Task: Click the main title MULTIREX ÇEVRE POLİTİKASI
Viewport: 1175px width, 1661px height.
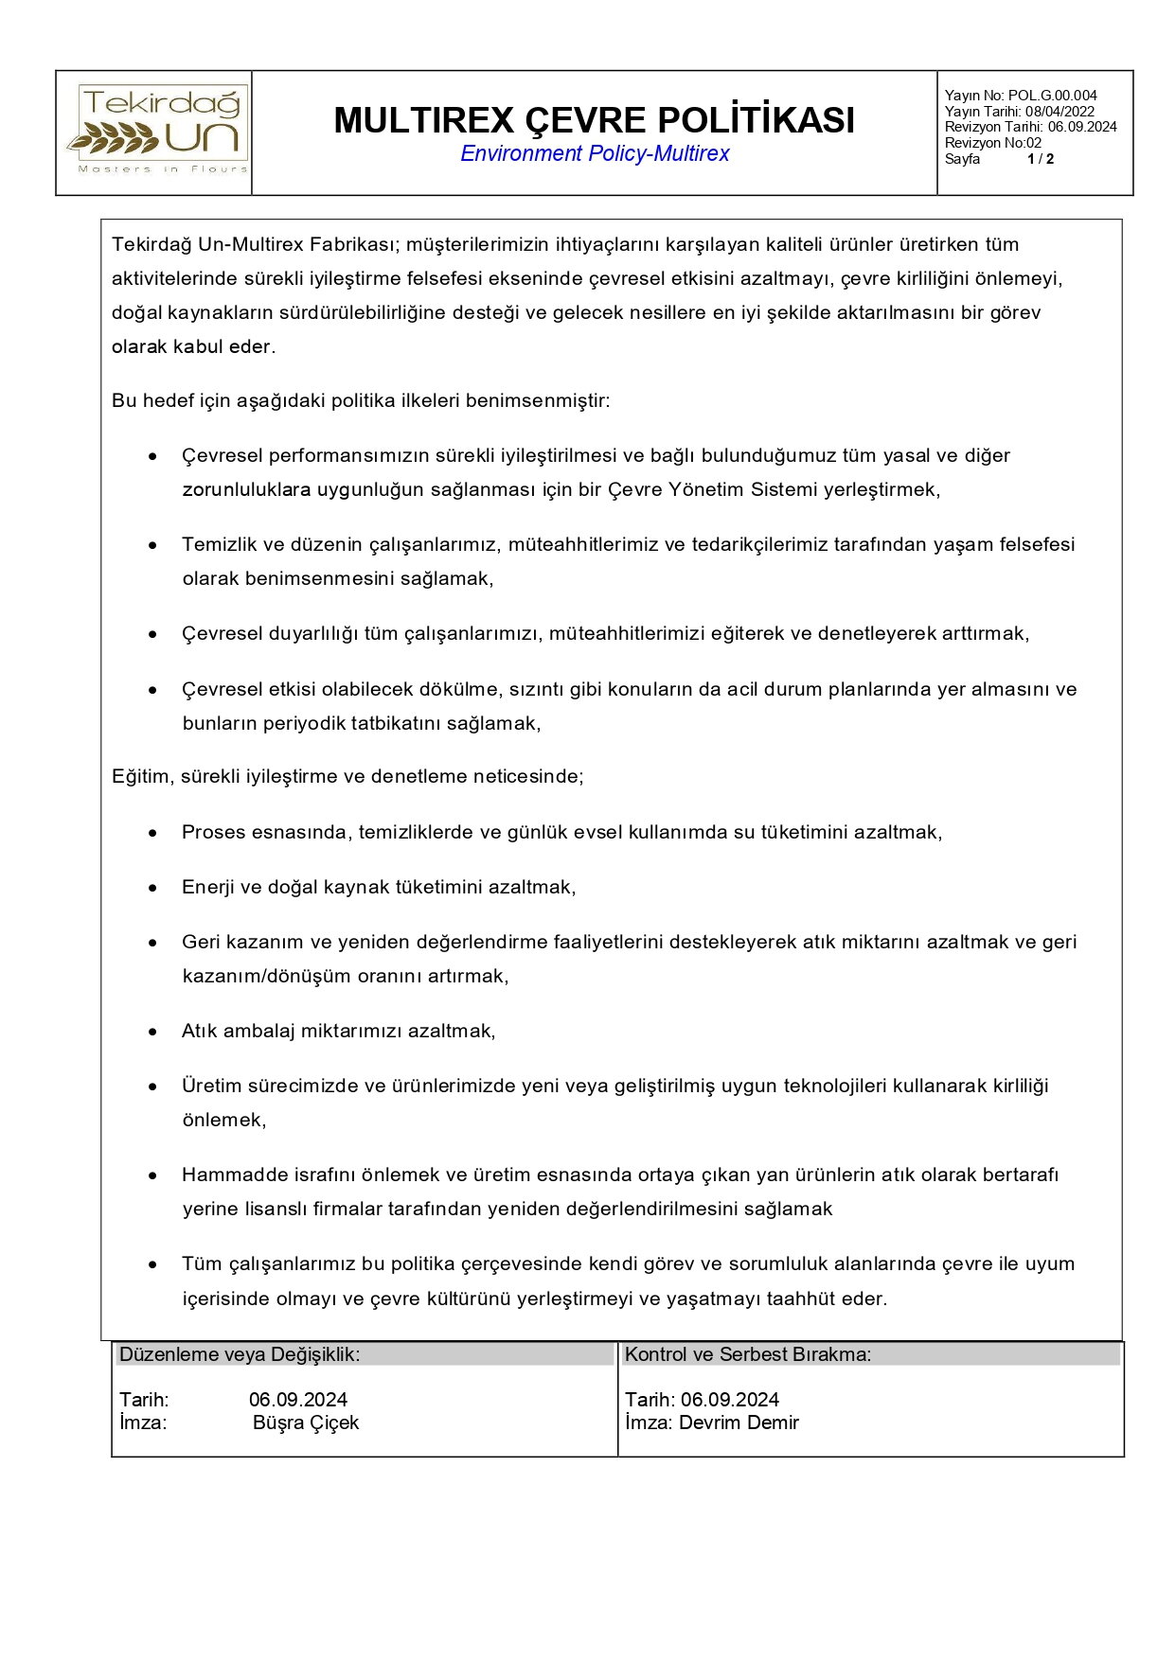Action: click(594, 120)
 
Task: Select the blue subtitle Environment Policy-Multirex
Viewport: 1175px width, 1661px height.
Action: click(594, 154)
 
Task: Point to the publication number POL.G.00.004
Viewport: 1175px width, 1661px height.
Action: click(1052, 95)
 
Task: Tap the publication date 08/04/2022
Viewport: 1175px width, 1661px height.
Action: click(1059, 111)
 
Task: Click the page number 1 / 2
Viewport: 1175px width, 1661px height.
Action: click(1040, 159)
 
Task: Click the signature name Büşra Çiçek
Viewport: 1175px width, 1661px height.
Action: click(306, 1422)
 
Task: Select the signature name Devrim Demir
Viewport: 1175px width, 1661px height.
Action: click(739, 1422)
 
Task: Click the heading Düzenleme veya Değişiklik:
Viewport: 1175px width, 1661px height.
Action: click(240, 1354)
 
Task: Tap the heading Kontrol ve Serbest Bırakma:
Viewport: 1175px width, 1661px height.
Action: click(748, 1354)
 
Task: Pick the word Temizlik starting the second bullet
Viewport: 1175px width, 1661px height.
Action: click(219, 544)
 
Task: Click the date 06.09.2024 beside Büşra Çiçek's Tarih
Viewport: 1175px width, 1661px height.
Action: click(298, 1400)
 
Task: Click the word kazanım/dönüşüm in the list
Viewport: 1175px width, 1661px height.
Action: click(266, 976)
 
